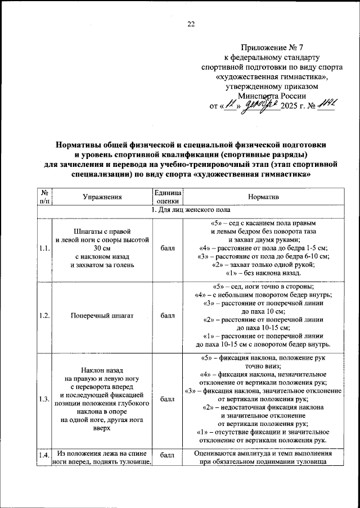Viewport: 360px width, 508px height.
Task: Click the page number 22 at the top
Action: point(190,24)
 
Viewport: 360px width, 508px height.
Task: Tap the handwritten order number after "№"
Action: point(325,104)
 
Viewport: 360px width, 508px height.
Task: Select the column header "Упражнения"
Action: point(101,197)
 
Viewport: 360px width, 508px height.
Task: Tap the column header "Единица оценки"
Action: point(167,197)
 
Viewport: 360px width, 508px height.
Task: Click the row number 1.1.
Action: point(44,247)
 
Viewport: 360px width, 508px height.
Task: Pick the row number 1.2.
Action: point(44,316)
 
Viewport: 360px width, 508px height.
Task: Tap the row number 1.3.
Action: point(44,399)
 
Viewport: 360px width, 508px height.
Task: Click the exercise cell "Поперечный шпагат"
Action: point(101,316)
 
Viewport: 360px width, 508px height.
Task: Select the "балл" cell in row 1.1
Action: point(167,247)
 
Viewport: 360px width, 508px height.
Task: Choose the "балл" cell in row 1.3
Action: point(167,399)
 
